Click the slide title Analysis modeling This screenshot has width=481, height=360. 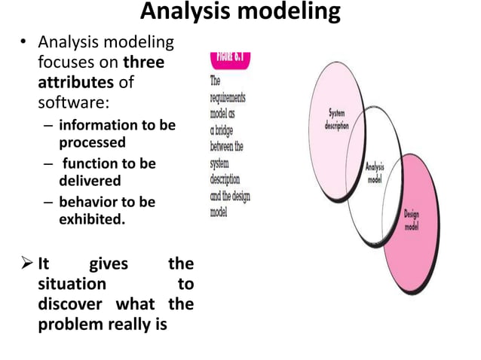coord(240,13)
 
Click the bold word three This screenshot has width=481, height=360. coord(143,63)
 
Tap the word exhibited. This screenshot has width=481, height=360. coord(91,219)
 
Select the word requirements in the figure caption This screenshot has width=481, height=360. coord(228,98)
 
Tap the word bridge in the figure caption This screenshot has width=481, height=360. coord(231,130)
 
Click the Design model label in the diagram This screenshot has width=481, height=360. coord(412,220)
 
